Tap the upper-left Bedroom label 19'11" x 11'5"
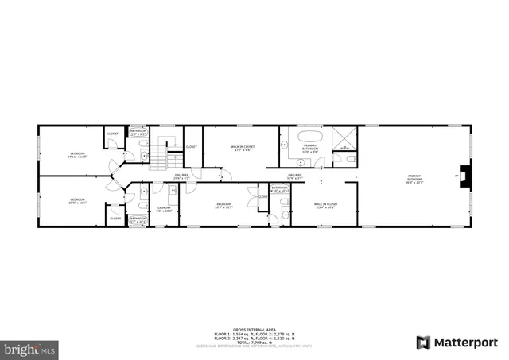pos(77,154)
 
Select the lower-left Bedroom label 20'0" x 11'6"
pos(77,200)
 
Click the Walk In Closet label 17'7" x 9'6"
pos(243,149)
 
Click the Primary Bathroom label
pos(310,149)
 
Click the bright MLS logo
pos(30,347)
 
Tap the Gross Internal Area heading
pos(254,329)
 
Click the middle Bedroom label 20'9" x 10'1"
pos(223,206)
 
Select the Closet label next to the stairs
pos(192,147)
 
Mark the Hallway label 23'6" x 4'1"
pos(181,177)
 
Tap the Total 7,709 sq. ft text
pos(254,343)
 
